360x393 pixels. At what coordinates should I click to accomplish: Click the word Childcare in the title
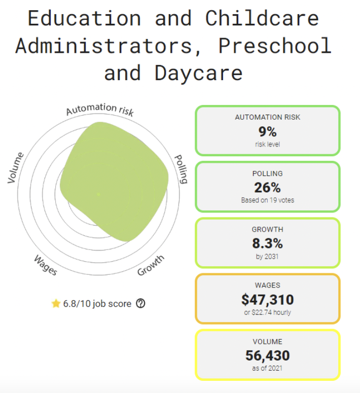262,18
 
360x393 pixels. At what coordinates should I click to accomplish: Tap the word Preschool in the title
275,46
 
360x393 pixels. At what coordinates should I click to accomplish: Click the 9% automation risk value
267,132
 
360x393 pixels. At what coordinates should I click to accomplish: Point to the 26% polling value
267,188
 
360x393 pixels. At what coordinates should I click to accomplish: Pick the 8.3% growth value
267,243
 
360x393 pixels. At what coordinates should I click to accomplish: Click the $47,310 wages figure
267,299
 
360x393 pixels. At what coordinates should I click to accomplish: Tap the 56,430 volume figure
267,355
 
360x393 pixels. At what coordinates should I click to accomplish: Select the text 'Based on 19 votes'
267,200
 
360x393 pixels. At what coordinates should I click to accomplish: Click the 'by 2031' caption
267,257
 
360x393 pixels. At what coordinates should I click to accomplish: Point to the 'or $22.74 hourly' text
267,312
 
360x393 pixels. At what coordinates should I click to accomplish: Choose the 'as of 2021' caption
267,368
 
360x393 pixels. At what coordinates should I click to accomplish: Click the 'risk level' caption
267,145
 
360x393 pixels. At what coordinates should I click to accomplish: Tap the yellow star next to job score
56,304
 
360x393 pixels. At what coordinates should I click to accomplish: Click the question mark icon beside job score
141,304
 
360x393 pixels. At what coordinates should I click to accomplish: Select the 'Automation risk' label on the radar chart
100,109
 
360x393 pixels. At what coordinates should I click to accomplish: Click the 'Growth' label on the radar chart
151,265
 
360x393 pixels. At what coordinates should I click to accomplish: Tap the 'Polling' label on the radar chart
181,169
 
